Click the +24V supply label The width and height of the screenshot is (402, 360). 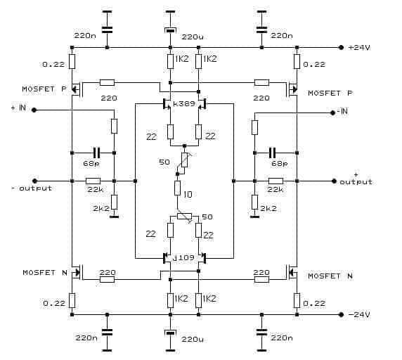(359, 47)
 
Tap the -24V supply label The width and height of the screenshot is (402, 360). (359, 314)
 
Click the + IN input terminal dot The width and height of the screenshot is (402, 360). (34, 110)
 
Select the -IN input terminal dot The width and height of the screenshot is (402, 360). (333, 112)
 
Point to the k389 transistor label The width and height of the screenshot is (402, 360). (184, 103)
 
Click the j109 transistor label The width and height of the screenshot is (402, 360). (183, 257)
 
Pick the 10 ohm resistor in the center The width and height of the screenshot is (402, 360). (177, 188)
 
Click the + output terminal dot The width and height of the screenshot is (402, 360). (334, 181)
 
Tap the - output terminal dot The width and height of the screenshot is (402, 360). (35, 181)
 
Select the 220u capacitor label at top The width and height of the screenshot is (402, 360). (193, 37)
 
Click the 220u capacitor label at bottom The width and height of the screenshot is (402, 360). (193, 340)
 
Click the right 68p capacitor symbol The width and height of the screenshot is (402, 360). (272, 153)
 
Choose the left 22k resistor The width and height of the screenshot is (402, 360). (93, 181)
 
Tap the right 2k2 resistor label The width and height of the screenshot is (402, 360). (268, 208)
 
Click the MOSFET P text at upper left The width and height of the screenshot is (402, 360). (44, 89)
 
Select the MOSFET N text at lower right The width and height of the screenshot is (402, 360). (330, 276)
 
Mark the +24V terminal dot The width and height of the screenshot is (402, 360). (341, 47)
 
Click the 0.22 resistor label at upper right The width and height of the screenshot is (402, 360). (314, 64)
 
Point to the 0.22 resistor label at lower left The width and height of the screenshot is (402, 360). (54, 303)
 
